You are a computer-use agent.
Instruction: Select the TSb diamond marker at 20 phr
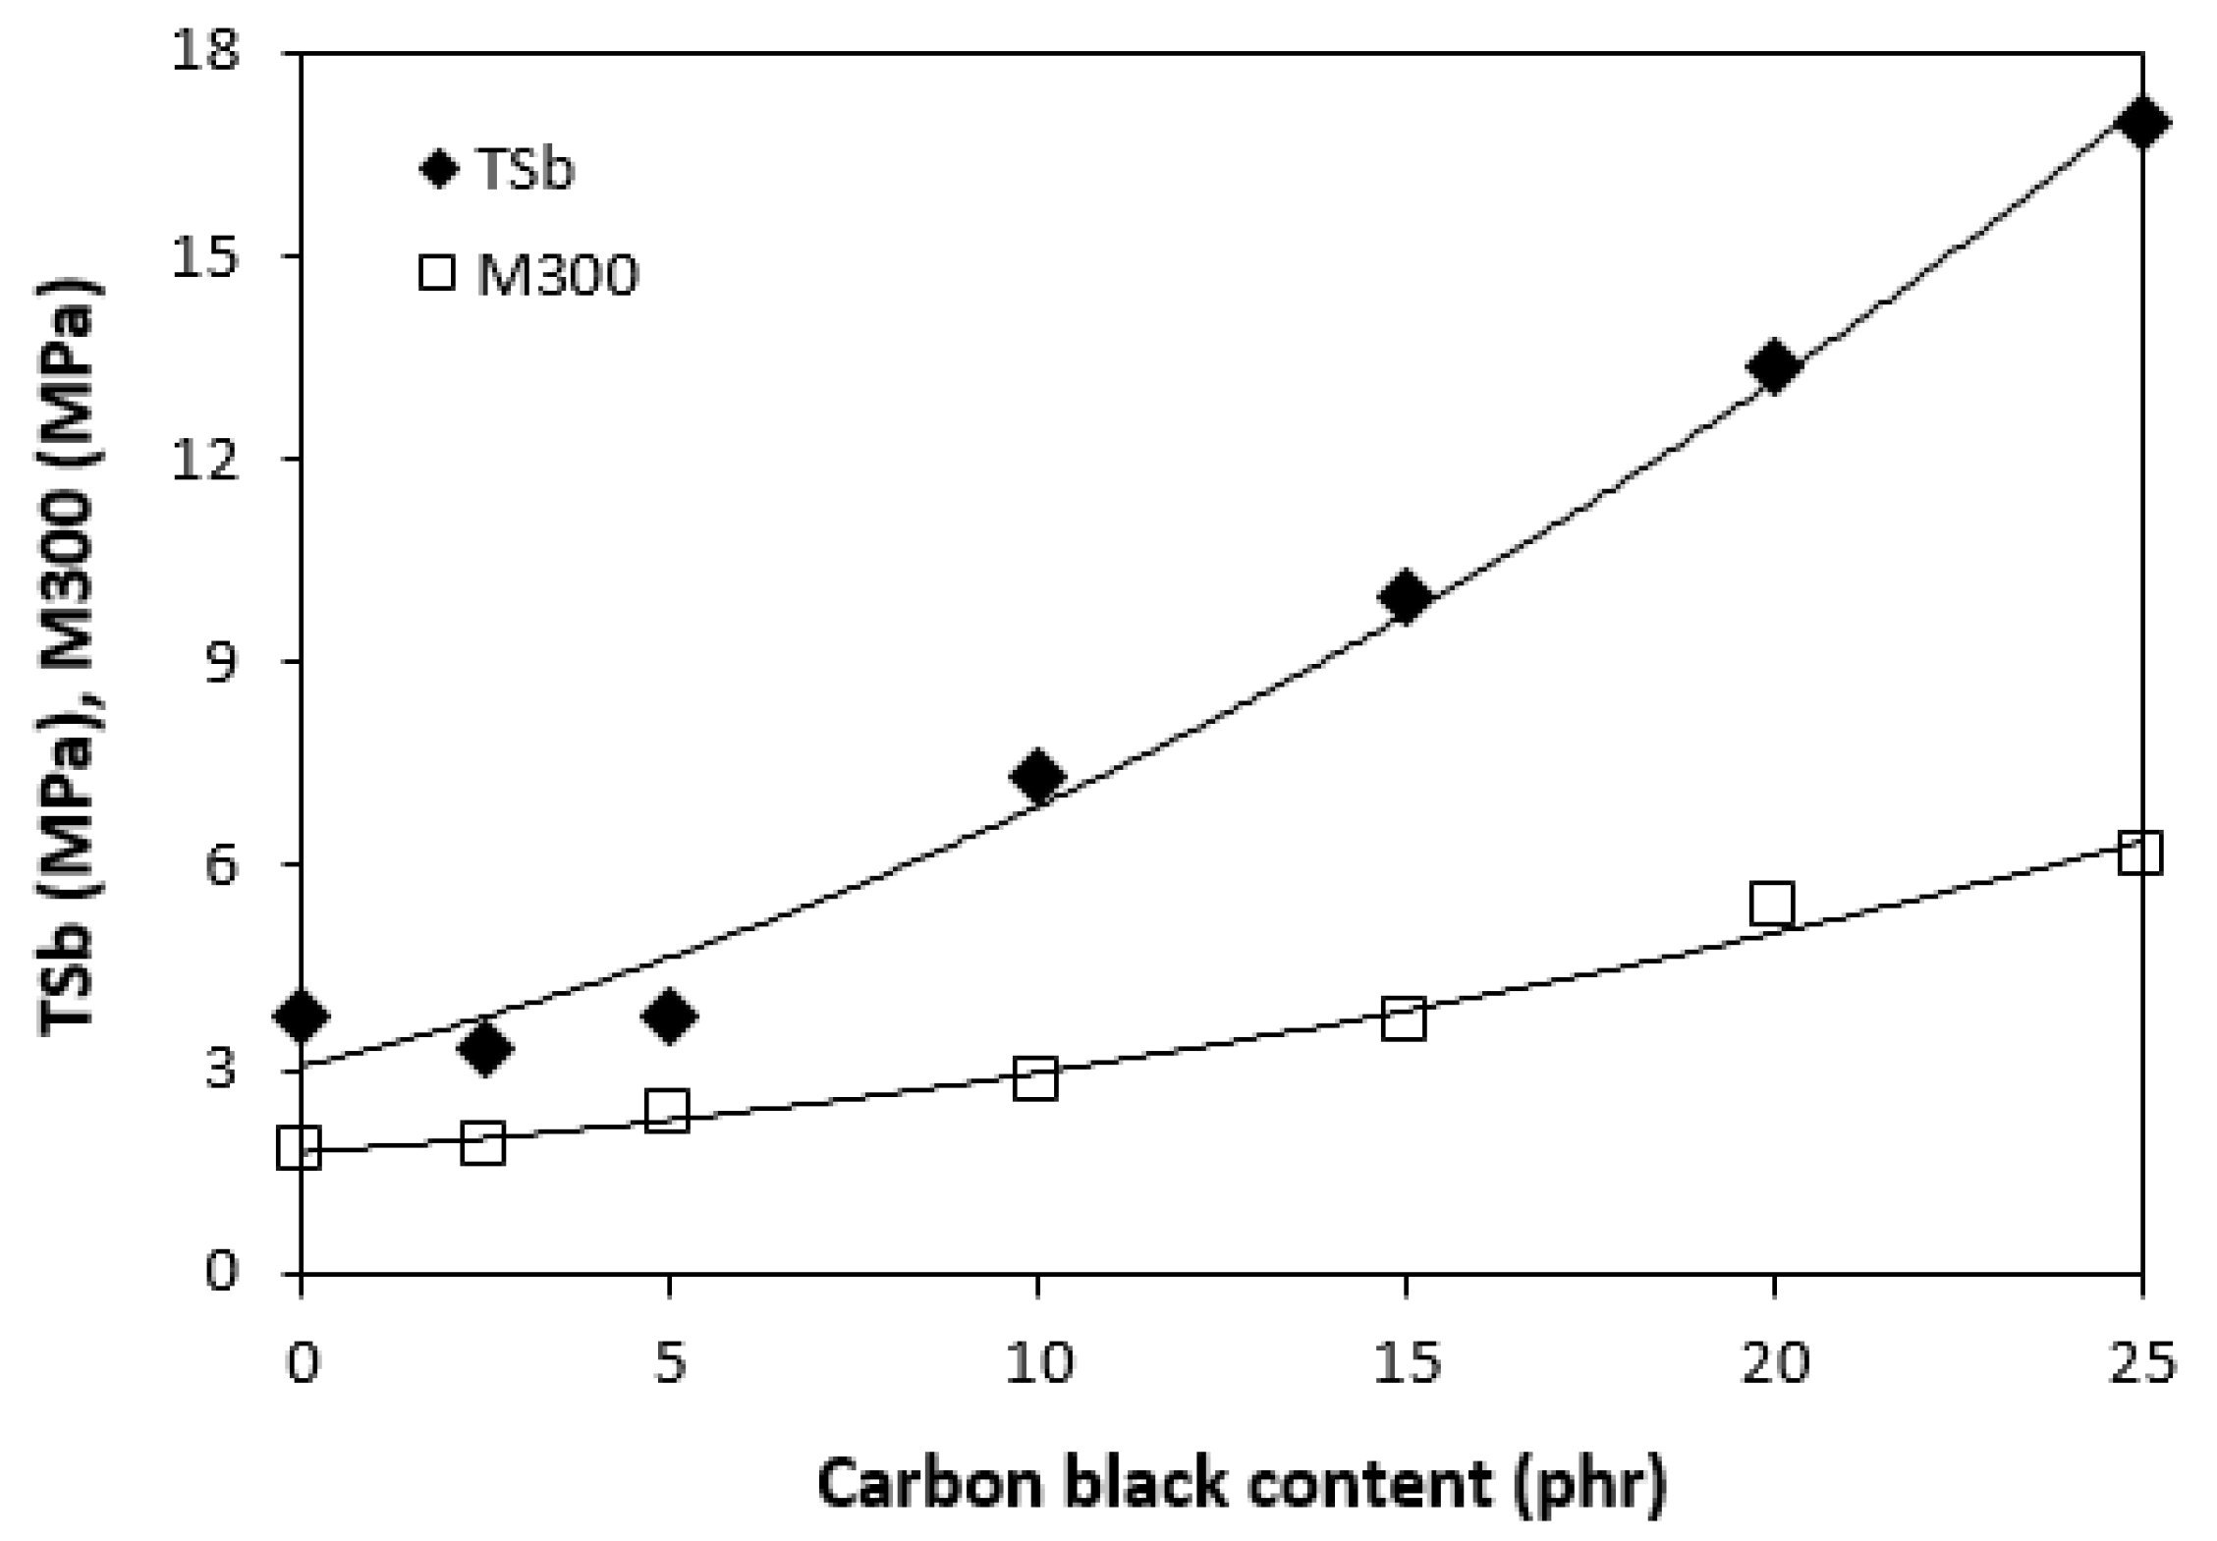[x=1774, y=366]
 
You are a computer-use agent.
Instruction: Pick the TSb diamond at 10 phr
[x=1036, y=776]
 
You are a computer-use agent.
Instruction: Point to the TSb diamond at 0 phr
[x=302, y=1016]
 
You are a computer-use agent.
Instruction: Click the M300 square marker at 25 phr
[x=2140, y=853]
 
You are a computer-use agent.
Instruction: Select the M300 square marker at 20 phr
[x=1772, y=904]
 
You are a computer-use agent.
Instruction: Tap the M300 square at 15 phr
[x=1404, y=1019]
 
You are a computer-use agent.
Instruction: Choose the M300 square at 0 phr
[x=300, y=1147]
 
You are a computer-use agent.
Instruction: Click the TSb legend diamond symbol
[x=438, y=169]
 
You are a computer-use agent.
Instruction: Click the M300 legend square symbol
[x=437, y=271]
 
